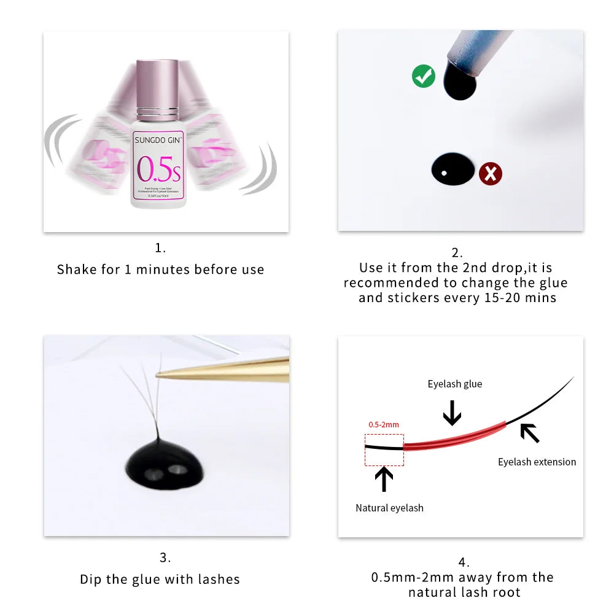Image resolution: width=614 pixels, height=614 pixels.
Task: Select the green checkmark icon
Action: click(x=423, y=76)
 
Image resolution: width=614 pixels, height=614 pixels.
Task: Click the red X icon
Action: click(x=490, y=174)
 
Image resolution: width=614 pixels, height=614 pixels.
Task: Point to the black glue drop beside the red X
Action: click(x=453, y=170)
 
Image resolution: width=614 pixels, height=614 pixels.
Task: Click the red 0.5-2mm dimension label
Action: click(x=384, y=424)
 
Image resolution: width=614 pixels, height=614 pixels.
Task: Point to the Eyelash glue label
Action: click(x=455, y=384)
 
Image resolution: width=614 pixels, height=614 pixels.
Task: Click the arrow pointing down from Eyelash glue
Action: click(x=452, y=412)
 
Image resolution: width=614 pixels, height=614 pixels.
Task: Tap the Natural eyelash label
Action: click(x=389, y=508)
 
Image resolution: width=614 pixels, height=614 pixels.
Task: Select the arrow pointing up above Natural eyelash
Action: click(x=384, y=479)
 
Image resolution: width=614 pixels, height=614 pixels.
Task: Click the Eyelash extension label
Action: click(x=537, y=462)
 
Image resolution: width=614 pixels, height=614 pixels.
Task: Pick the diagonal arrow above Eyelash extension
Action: click(x=529, y=433)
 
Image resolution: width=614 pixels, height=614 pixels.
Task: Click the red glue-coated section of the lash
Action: click(x=454, y=435)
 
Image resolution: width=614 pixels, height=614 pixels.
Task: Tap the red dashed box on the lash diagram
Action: click(x=384, y=450)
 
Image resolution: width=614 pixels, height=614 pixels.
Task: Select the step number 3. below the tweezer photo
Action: click(x=165, y=558)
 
